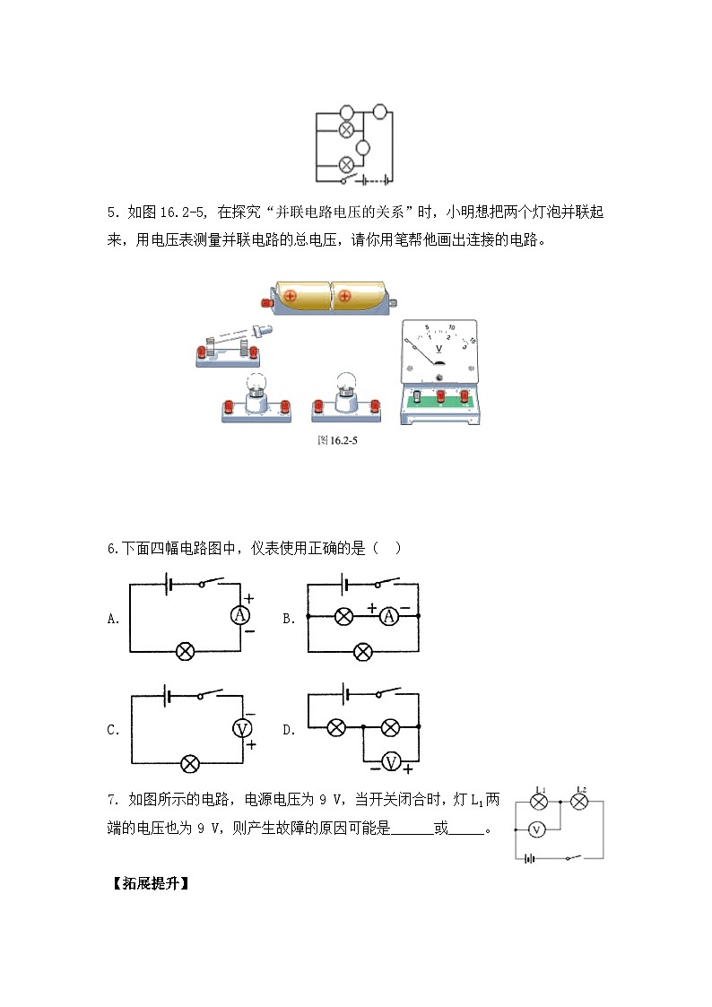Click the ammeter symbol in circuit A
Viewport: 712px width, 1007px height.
click(239, 615)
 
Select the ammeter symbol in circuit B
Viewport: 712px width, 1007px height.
click(389, 617)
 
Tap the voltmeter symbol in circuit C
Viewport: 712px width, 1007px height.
click(242, 728)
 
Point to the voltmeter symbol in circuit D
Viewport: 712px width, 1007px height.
click(391, 762)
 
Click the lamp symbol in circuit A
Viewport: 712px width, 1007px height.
click(186, 652)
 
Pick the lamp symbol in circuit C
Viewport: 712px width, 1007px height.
click(189, 764)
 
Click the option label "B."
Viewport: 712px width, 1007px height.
click(289, 619)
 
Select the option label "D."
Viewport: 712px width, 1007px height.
click(289, 730)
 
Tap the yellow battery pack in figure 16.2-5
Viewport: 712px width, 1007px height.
click(330, 297)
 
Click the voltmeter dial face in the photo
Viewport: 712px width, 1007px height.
click(439, 352)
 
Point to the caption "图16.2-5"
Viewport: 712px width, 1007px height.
click(338, 440)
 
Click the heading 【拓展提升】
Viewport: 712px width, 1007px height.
click(151, 883)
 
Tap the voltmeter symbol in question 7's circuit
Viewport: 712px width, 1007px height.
click(537, 829)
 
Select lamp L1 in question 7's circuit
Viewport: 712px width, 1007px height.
click(539, 802)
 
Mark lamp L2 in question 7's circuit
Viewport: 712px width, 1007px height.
click(580, 802)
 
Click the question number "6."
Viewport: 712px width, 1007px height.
click(114, 549)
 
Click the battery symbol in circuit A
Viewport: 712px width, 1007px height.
click(169, 585)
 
